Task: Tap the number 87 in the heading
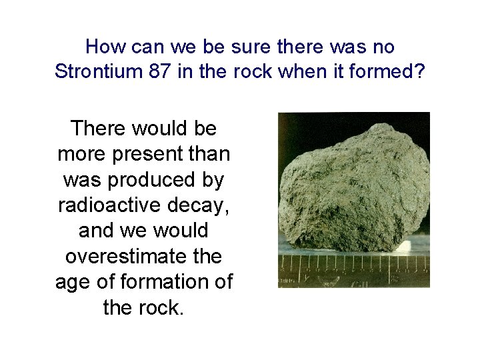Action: [x=162, y=71]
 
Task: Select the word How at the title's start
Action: [x=102, y=47]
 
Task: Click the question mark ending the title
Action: [x=419, y=71]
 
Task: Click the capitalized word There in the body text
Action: [x=99, y=127]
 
